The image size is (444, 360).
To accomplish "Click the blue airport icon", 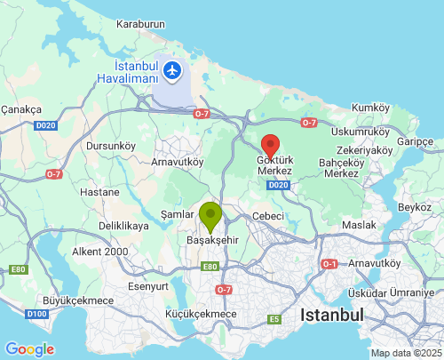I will click(x=172, y=69).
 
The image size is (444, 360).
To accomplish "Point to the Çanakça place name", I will click(x=21, y=109).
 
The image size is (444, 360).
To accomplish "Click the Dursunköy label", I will click(x=110, y=145).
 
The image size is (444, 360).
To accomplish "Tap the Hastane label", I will click(x=99, y=192).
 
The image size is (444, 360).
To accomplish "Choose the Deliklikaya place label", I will click(x=123, y=227).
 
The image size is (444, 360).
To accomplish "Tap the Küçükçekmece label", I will click(x=201, y=314).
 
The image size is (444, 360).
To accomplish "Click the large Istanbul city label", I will click(x=332, y=315).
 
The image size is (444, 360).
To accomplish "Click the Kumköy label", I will click(x=371, y=108).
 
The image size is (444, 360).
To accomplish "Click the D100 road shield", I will click(x=36, y=314).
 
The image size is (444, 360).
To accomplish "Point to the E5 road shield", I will click(x=274, y=318).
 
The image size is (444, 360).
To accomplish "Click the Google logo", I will click(x=29, y=349).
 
